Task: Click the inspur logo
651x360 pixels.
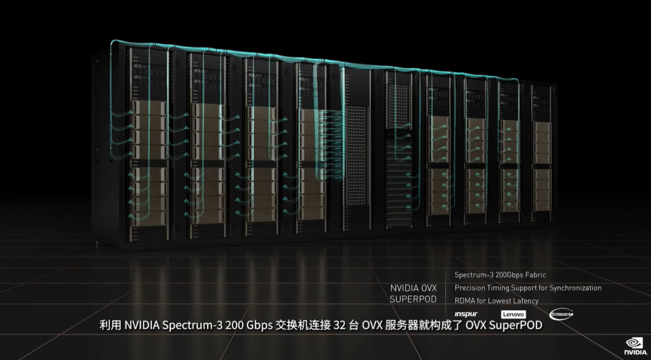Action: (x=465, y=314)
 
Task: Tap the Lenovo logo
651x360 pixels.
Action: (x=514, y=314)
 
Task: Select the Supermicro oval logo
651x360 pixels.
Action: (x=561, y=314)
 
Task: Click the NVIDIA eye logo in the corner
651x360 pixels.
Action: (x=634, y=343)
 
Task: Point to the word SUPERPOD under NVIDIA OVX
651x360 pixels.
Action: (x=413, y=299)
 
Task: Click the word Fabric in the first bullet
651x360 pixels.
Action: (x=535, y=275)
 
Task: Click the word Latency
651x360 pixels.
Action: (x=525, y=300)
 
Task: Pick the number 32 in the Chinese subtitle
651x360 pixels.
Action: (x=339, y=326)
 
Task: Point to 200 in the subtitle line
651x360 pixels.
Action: (x=234, y=326)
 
